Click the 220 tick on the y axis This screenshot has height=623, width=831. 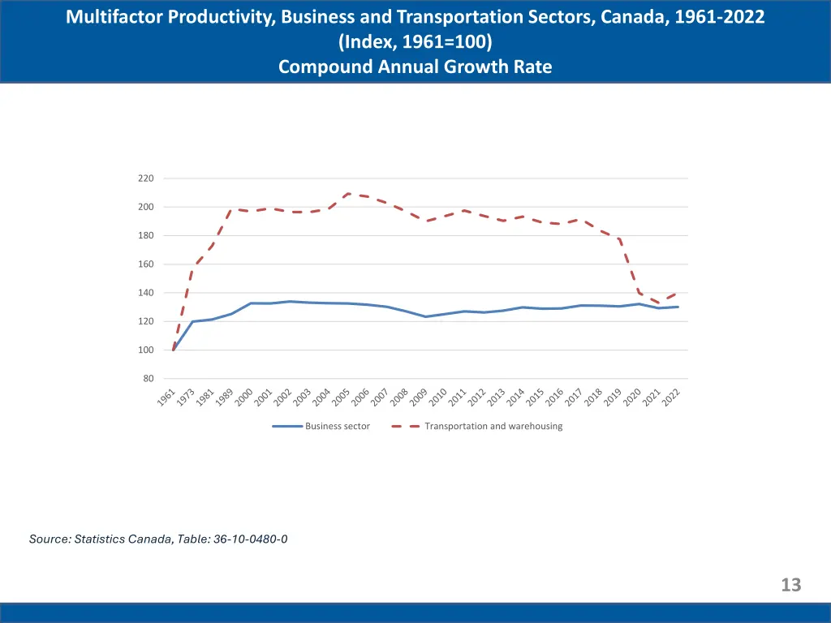(x=146, y=178)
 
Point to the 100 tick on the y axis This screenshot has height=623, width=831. (x=146, y=350)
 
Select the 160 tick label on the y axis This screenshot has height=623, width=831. (x=146, y=264)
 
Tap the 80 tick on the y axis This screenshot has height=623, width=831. (x=149, y=379)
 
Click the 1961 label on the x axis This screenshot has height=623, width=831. (x=166, y=397)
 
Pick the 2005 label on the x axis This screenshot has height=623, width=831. (x=342, y=397)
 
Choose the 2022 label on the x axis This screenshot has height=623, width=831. (x=671, y=397)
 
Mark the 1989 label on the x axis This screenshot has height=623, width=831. (x=225, y=397)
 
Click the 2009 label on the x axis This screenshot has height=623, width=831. (x=419, y=397)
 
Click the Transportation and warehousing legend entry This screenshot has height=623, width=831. (x=493, y=426)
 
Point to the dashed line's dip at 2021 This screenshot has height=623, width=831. (x=659, y=303)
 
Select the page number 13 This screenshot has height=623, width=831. (x=790, y=585)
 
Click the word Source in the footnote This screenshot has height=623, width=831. (x=49, y=539)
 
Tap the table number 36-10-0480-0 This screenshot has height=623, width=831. (x=251, y=539)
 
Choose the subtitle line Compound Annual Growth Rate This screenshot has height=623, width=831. (x=415, y=67)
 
